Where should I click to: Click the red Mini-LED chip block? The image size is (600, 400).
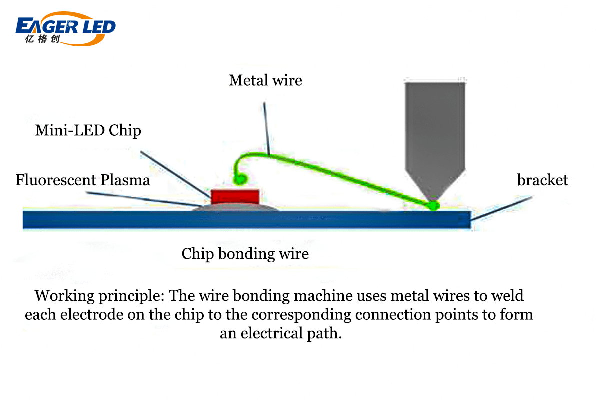pos(235,196)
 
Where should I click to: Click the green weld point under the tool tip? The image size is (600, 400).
pos(433,205)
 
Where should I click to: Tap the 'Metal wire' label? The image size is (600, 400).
pos(265,80)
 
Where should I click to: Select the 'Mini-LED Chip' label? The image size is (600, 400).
pos(88,131)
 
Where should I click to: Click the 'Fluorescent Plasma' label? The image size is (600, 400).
pos(83,180)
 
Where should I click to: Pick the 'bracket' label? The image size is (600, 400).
pos(542,180)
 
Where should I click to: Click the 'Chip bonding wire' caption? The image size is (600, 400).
pos(245,254)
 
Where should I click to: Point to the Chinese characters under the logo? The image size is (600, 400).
pos(42,40)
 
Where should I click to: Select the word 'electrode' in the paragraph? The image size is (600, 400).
pos(94,315)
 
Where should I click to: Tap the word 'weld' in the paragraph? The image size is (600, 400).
pos(507,296)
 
